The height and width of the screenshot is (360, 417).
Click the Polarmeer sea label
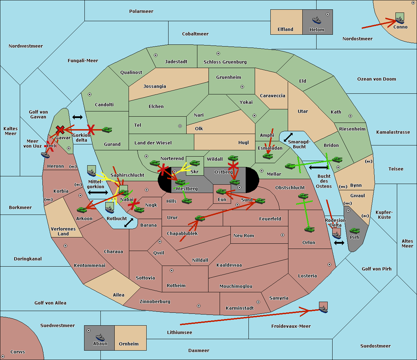(x=141, y=11)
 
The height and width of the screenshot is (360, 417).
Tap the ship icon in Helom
(x=317, y=20)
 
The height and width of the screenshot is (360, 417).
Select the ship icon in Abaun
(x=100, y=337)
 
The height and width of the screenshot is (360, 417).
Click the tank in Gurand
(x=107, y=129)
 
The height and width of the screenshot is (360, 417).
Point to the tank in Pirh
(x=354, y=231)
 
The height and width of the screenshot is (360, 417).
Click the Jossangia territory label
(x=155, y=86)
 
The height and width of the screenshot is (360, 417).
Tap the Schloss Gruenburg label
(x=225, y=62)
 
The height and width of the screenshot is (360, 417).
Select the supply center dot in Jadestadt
(x=156, y=55)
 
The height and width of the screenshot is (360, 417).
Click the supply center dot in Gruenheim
(x=242, y=87)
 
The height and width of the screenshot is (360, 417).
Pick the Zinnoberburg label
(x=155, y=302)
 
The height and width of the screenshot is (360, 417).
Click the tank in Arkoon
(x=82, y=210)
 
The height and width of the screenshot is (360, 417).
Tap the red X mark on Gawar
(x=60, y=129)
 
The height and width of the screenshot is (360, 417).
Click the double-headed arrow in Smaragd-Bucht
(x=288, y=137)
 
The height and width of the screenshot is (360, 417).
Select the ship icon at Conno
(x=400, y=20)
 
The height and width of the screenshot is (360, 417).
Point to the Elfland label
(x=285, y=30)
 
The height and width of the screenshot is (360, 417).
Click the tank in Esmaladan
(x=268, y=156)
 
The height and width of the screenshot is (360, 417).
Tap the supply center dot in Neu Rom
(x=283, y=235)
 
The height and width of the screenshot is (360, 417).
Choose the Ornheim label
(x=129, y=344)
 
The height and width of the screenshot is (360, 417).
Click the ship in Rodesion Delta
(x=336, y=235)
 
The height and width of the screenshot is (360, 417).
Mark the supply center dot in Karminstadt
(x=258, y=302)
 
